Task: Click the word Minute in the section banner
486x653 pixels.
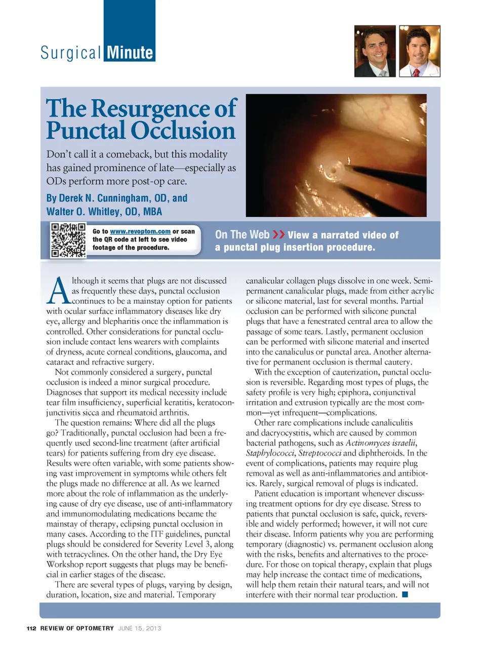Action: coord(130,53)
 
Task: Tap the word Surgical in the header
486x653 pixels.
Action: coord(71,53)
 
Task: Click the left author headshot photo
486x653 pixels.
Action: coord(375,51)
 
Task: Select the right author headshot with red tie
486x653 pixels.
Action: coord(420,51)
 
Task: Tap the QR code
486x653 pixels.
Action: coord(68,240)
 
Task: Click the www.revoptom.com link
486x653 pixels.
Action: coord(140,231)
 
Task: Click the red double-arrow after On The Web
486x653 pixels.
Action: coord(278,234)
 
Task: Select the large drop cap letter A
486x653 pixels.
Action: coord(59,291)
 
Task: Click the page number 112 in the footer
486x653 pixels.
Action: coord(31,628)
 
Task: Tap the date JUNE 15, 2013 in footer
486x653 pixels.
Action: coord(139,628)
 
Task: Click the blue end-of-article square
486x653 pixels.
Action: coord(405,595)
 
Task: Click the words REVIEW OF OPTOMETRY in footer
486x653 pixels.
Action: coord(77,628)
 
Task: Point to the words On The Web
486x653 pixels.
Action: coord(242,234)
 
